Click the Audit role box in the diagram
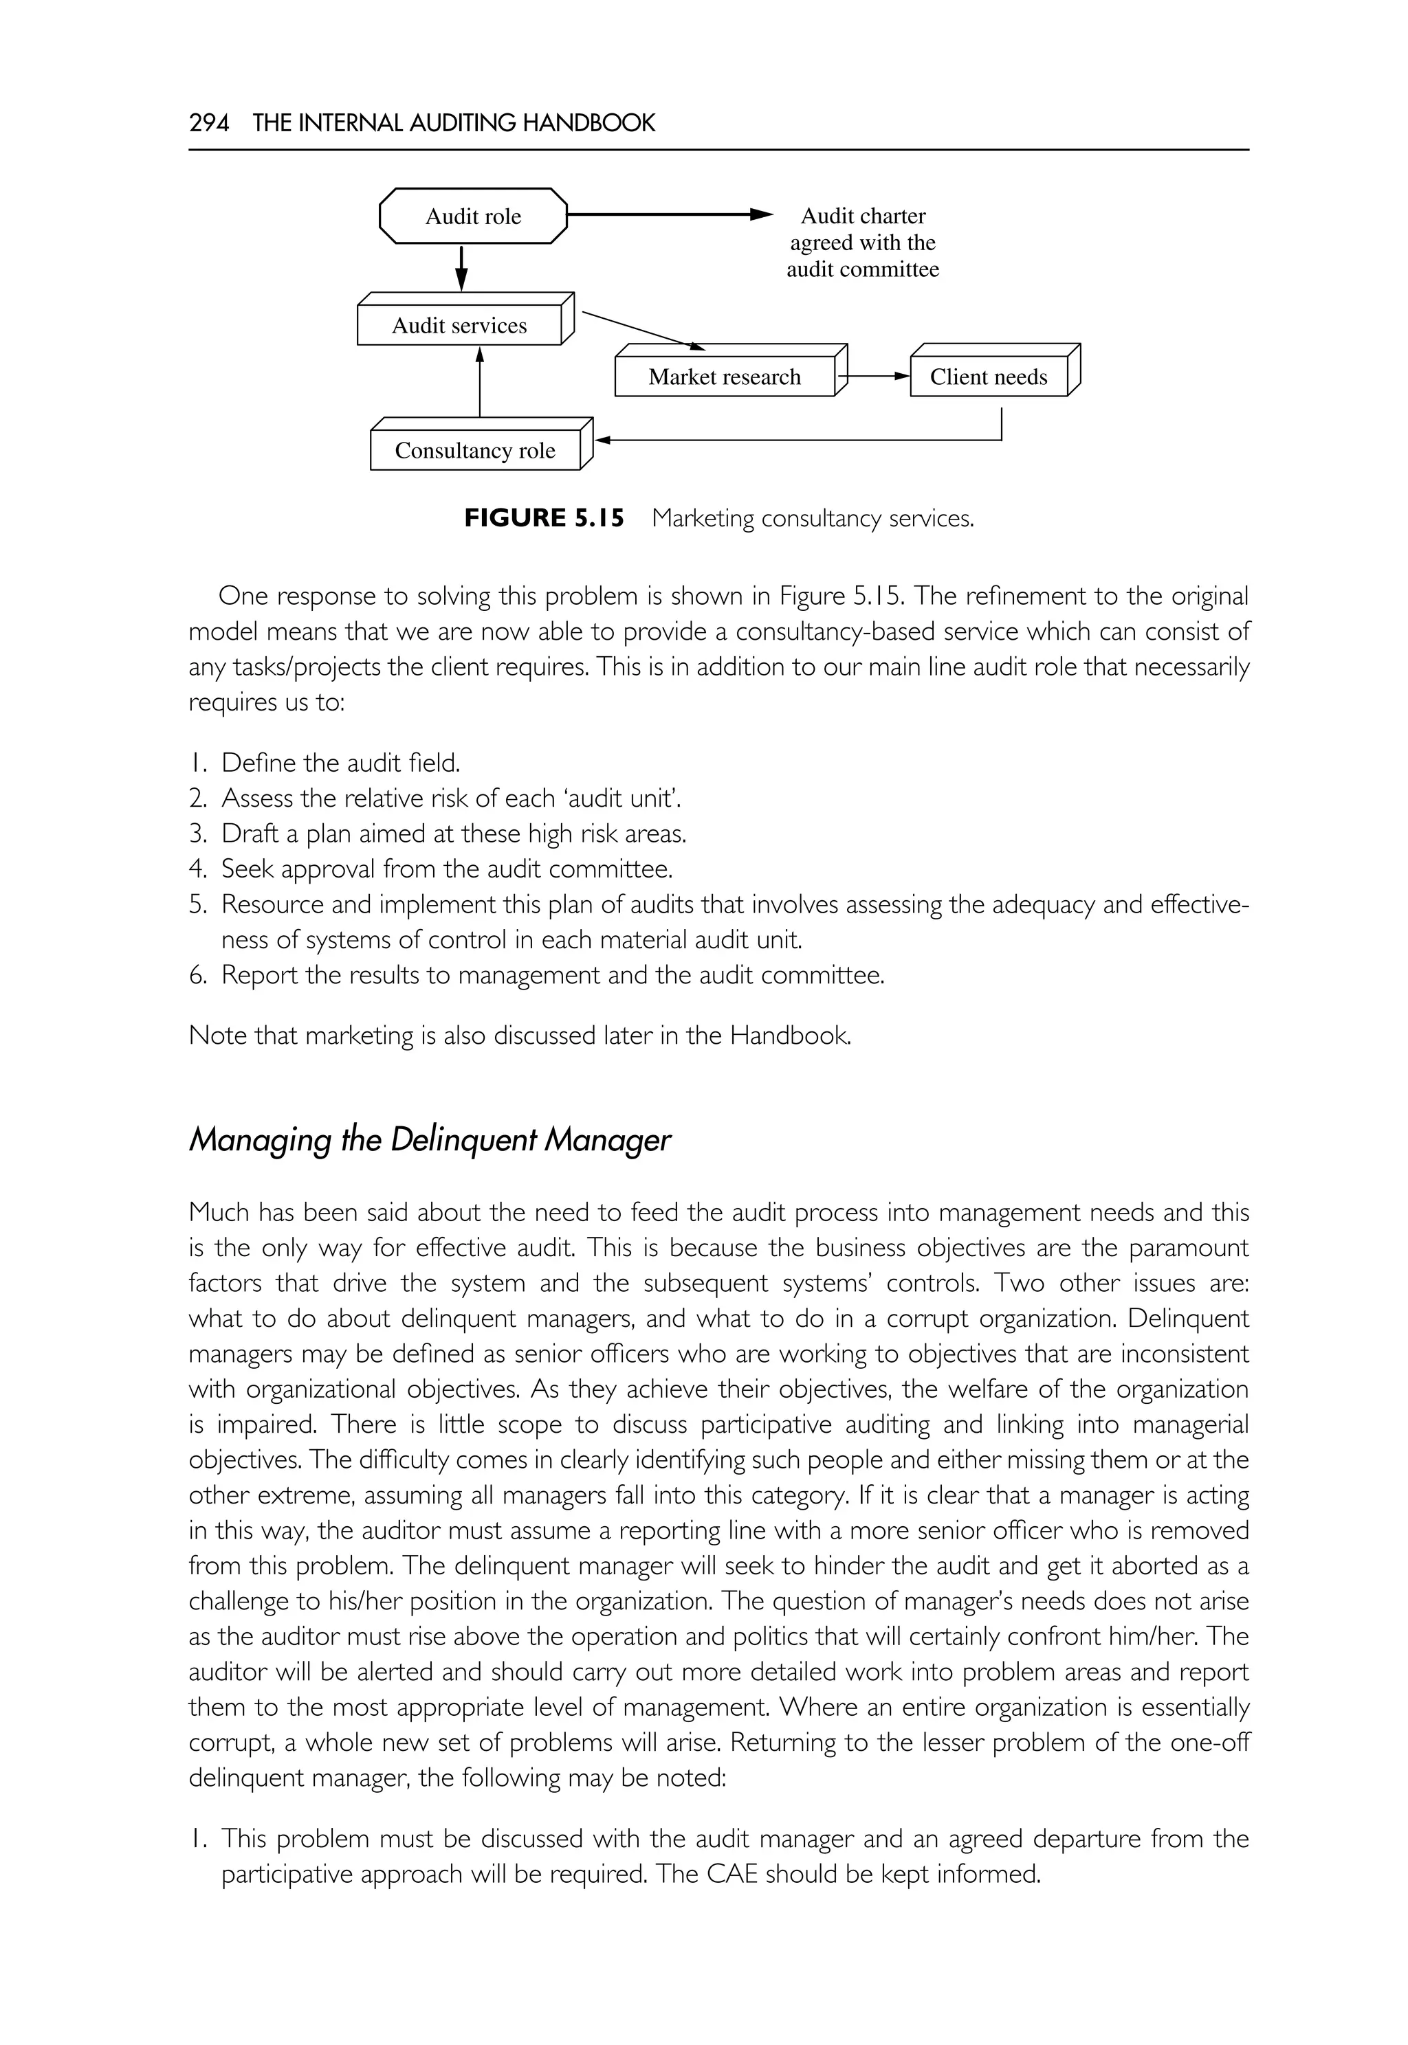click(x=473, y=216)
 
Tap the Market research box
click(x=725, y=377)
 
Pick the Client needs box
click(x=988, y=377)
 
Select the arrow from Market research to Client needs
click(x=873, y=377)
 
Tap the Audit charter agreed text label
click(x=862, y=243)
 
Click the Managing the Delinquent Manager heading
click(x=430, y=1139)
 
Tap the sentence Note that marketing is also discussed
click(x=520, y=1036)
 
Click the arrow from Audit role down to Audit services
click(x=461, y=268)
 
